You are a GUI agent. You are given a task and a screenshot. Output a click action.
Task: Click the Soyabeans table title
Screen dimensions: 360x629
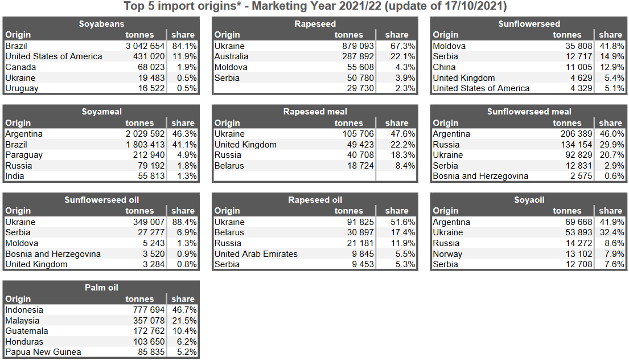tap(101, 24)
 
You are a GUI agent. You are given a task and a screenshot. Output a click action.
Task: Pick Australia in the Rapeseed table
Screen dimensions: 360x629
tap(231, 56)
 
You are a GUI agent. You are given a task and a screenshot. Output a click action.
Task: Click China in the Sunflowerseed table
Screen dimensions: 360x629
tap(444, 67)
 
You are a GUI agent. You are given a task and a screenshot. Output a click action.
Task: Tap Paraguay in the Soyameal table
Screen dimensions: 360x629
tap(24, 155)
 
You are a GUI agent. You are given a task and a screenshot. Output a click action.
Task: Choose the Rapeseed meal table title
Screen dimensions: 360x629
tap(315, 112)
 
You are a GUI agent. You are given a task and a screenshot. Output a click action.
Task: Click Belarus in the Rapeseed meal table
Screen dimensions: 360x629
tap(229, 166)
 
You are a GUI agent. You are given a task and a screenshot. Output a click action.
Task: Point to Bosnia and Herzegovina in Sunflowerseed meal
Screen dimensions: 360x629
tap(480, 176)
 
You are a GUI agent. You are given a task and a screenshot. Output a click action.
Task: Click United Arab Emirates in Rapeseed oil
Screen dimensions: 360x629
tap(256, 254)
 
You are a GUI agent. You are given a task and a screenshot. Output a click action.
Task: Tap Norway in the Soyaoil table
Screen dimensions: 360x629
tap(447, 254)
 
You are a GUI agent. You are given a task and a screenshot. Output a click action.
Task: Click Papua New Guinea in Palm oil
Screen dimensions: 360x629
tap(43, 352)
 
